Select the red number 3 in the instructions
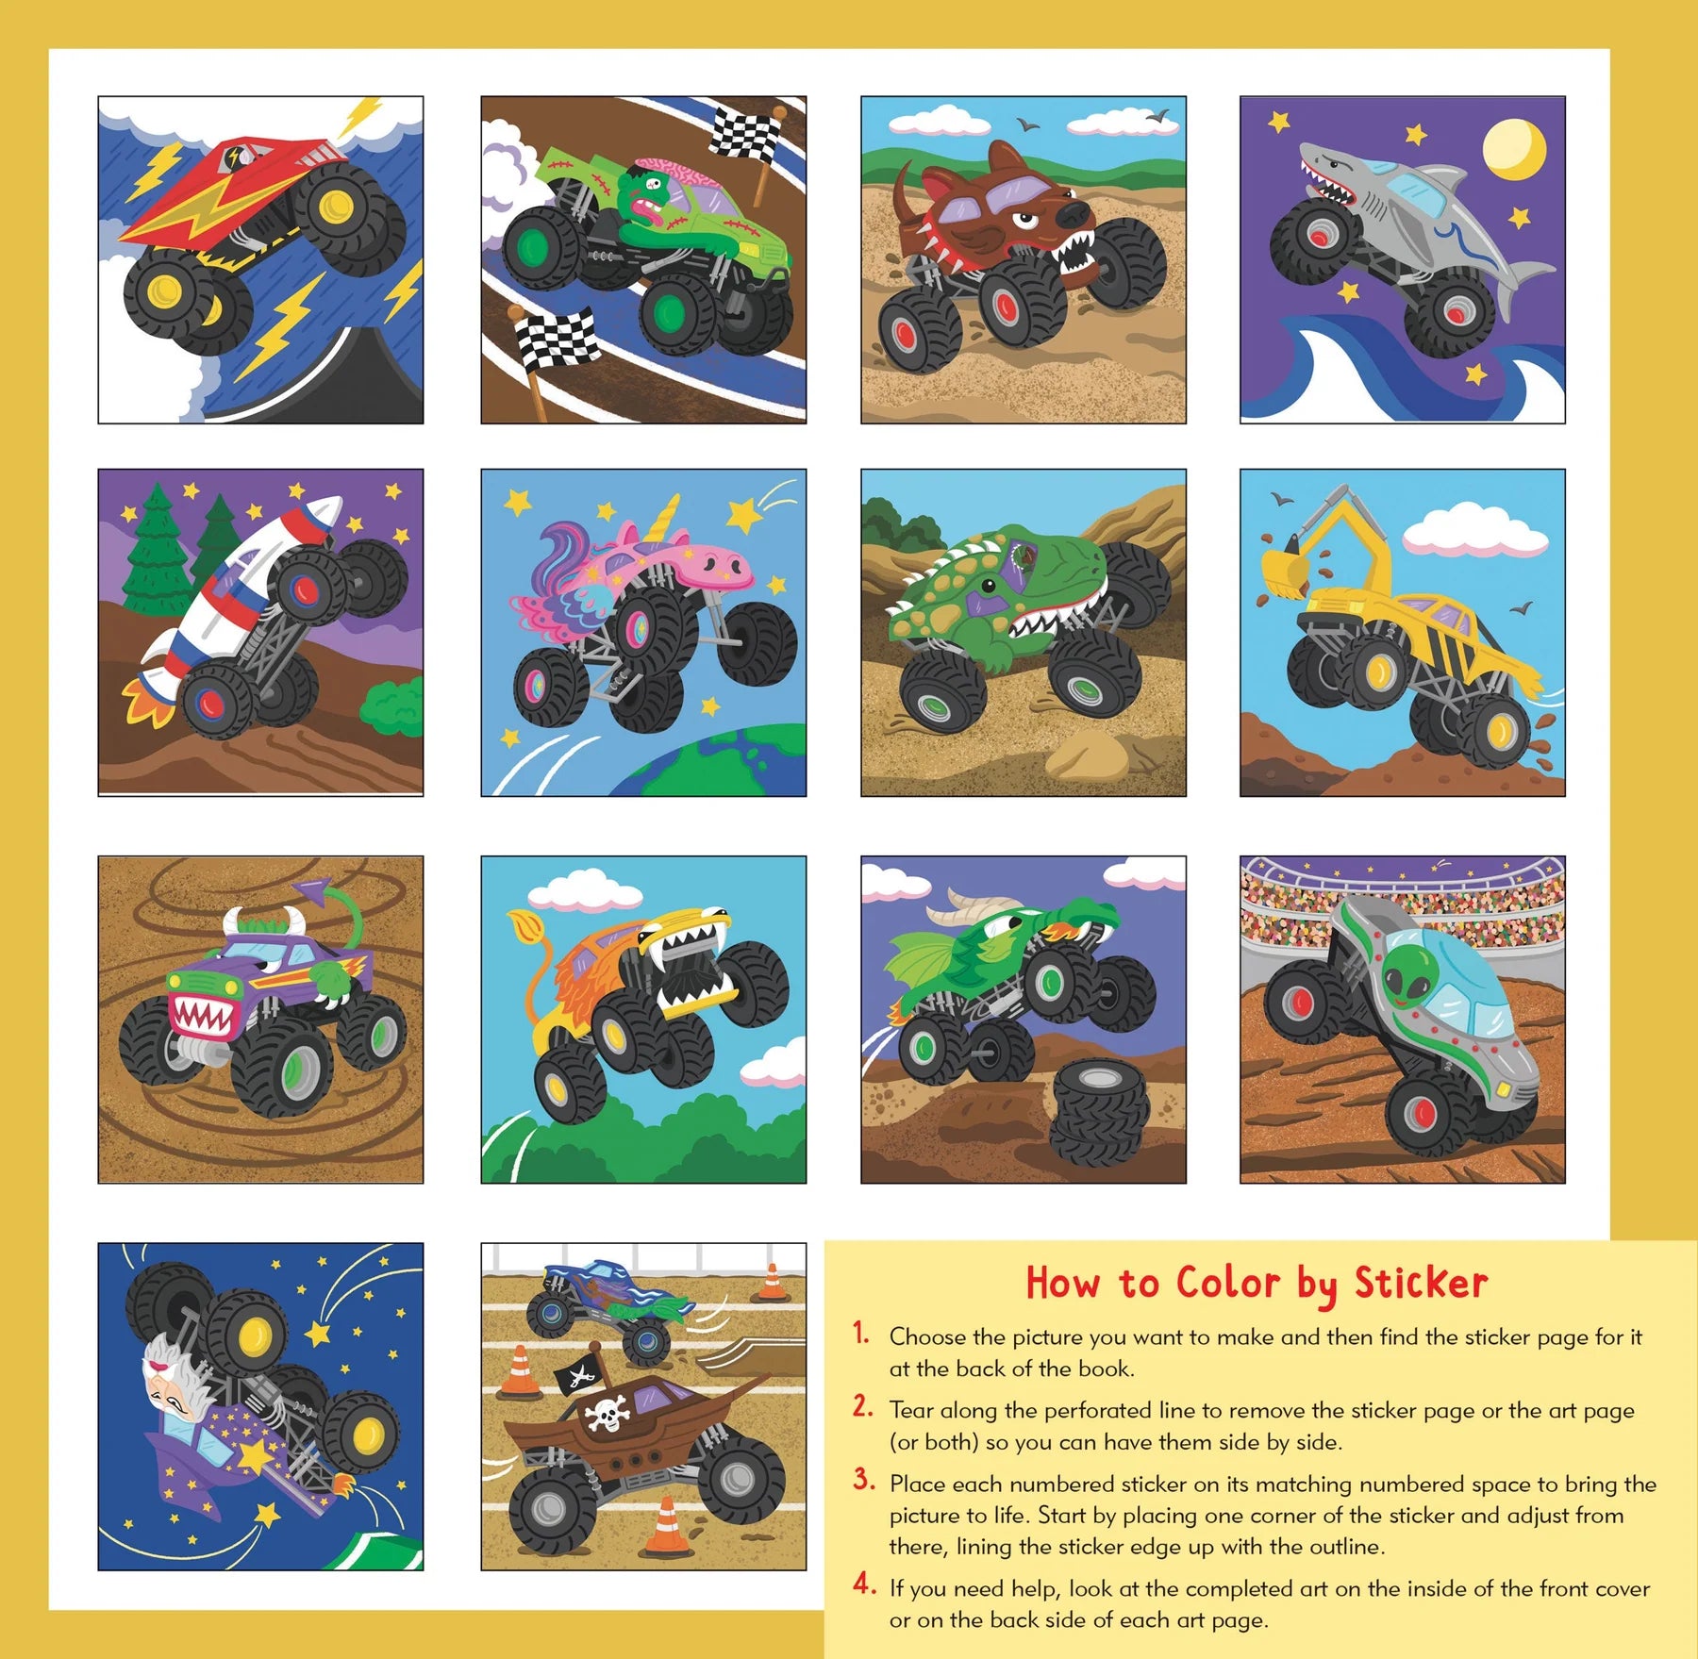862,1479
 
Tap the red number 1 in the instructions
860,1333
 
